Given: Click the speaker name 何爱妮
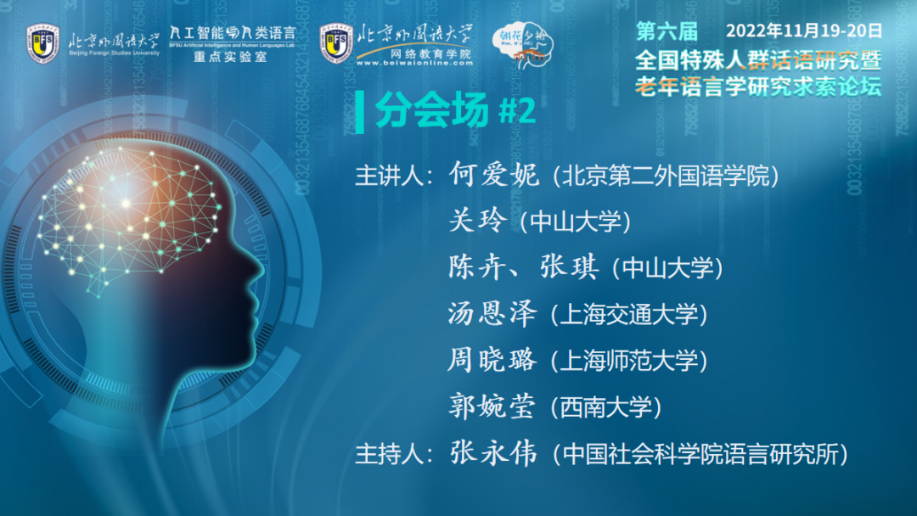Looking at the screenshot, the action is (x=493, y=175).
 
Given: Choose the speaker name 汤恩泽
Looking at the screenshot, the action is (x=492, y=314).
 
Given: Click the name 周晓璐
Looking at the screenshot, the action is (x=492, y=360).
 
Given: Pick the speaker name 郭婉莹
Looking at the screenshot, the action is (x=492, y=407).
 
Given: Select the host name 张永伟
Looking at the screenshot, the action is (x=493, y=453).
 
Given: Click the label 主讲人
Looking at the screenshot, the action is (x=389, y=176).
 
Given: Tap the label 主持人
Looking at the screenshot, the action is (x=389, y=454).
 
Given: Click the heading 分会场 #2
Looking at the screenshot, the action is (x=456, y=109).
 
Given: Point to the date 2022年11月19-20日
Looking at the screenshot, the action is (x=804, y=31).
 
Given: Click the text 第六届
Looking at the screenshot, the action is (x=667, y=31).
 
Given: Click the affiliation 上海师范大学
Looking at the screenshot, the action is (x=629, y=362).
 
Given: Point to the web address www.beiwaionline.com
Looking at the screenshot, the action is (x=414, y=63).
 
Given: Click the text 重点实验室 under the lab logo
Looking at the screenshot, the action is (x=230, y=57).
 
